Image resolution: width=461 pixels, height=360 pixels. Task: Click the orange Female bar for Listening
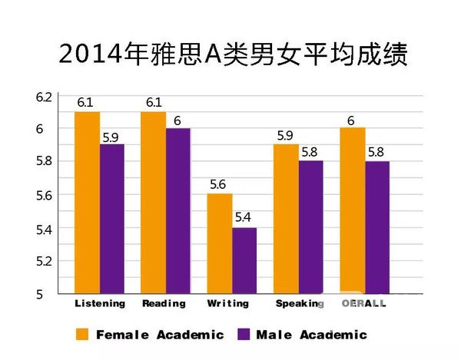88,203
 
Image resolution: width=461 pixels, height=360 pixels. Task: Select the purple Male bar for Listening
112,219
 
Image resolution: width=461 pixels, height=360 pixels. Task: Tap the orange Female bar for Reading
153,203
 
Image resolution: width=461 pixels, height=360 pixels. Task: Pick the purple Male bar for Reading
177,211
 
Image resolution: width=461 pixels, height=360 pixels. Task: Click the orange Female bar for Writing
219,243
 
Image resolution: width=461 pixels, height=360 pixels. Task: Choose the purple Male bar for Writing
244,260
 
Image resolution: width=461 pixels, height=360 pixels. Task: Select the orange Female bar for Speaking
285,219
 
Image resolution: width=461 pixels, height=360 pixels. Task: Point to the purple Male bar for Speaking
310,227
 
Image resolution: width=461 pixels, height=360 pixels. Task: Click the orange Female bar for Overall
351,211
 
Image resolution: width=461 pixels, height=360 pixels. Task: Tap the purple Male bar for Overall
376,227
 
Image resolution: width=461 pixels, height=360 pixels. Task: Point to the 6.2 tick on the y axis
43,97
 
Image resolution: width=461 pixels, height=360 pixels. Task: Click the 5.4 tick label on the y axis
43,229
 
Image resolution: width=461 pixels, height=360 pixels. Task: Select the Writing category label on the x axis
227,303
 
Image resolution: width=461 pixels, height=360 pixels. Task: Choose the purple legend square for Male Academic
246,334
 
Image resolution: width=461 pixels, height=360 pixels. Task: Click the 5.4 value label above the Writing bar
243,217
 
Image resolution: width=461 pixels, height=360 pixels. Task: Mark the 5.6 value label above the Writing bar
219,184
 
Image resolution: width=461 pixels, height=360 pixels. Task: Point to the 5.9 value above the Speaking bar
285,135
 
